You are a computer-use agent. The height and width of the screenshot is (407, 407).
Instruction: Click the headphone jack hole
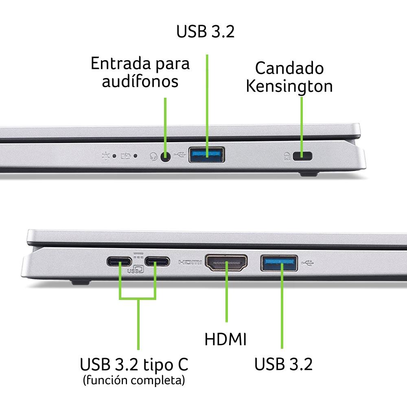(x=165, y=157)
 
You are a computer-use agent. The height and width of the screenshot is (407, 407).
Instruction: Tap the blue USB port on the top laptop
(x=207, y=155)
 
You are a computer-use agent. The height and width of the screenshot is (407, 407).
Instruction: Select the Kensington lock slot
(x=302, y=156)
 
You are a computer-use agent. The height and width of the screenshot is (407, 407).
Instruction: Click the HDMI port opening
(x=226, y=263)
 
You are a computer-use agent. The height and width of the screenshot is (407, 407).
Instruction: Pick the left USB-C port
(x=119, y=261)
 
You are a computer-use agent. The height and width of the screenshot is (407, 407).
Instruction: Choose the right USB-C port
(x=157, y=261)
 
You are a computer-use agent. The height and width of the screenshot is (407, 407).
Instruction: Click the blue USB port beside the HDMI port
(x=279, y=263)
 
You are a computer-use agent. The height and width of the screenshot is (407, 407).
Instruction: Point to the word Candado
(x=289, y=68)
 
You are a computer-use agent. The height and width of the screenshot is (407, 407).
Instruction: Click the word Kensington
(x=289, y=86)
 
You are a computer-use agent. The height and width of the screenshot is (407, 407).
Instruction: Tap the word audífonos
(x=140, y=81)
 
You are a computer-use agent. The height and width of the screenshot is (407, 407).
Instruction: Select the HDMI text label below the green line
(x=225, y=339)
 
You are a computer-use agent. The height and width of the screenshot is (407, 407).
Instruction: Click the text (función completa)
(x=134, y=380)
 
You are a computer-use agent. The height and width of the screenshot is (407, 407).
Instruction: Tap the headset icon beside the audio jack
(x=154, y=157)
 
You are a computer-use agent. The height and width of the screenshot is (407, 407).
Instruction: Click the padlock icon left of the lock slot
(x=287, y=156)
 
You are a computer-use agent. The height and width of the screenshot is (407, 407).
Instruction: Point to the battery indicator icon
(x=126, y=156)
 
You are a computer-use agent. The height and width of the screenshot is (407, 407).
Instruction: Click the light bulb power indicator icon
(x=106, y=156)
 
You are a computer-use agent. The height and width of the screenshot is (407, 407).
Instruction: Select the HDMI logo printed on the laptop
(x=190, y=263)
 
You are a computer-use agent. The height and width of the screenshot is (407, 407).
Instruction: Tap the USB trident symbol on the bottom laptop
(x=308, y=263)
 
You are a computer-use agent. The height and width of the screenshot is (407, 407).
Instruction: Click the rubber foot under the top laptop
(x=309, y=174)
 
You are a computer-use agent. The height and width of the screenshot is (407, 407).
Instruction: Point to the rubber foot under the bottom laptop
(x=81, y=282)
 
